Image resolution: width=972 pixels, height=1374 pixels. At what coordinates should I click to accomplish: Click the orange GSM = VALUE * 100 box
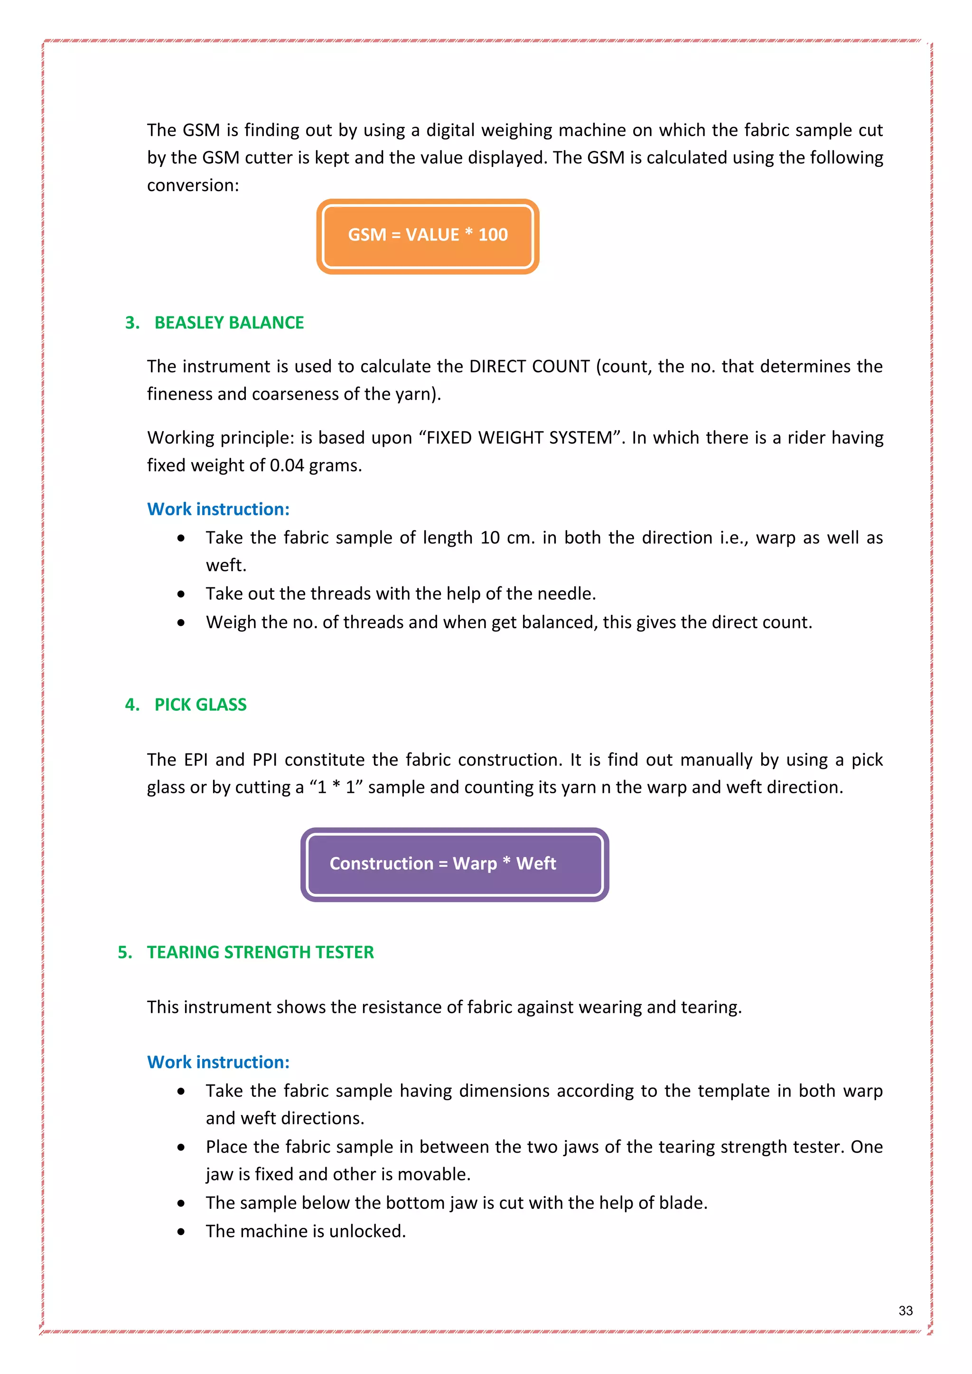pyautogui.click(x=427, y=236)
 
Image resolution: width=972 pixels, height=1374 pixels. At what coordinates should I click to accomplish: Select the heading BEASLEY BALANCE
pyautogui.click(x=229, y=323)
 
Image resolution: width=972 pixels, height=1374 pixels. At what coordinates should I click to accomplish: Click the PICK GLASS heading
pyautogui.click(x=200, y=705)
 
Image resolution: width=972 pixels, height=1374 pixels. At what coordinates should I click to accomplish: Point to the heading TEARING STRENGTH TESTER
pyautogui.click(x=261, y=952)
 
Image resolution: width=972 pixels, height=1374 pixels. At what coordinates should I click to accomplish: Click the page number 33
pyautogui.click(x=905, y=1310)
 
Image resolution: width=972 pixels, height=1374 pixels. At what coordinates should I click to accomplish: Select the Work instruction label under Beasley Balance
pyautogui.click(x=218, y=509)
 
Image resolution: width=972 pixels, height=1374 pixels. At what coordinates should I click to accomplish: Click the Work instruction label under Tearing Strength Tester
pyautogui.click(x=218, y=1062)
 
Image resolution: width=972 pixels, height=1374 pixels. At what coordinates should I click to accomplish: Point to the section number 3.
pyautogui.click(x=131, y=323)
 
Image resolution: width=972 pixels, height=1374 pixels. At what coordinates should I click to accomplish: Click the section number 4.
pyautogui.click(x=131, y=705)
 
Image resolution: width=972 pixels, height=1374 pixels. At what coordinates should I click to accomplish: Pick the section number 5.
pyautogui.click(x=124, y=952)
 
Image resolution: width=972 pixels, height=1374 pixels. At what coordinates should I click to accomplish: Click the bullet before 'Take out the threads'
pyautogui.click(x=181, y=594)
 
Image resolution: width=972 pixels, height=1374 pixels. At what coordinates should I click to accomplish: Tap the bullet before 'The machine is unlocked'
pyautogui.click(x=181, y=1232)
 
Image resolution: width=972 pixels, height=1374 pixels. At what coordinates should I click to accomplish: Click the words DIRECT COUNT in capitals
pyautogui.click(x=529, y=366)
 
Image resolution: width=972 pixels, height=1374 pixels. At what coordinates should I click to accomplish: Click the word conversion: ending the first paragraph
pyautogui.click(x=193, y=186)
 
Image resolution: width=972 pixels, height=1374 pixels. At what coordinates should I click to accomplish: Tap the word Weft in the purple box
pyautogui.click(x=536, y=863)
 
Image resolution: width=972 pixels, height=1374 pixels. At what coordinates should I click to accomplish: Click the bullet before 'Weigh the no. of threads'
pyautogui.click(x=181, y=623)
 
